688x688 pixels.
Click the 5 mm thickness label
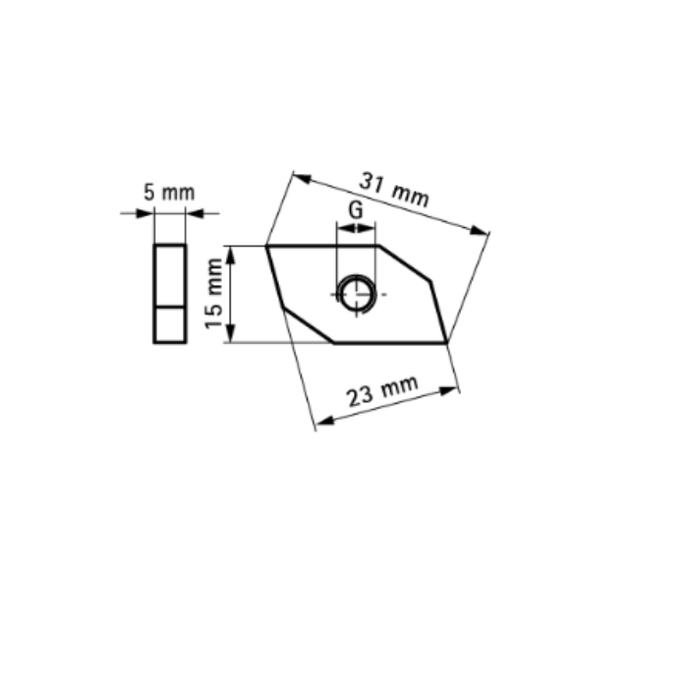click(169, 193)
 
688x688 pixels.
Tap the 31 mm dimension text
click(394, 189)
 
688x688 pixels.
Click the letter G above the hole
click(356, 210)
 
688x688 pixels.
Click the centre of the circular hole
click(356, 293)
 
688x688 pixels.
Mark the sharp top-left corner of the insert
click(267, 247)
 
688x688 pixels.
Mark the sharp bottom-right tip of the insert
click(447, 342)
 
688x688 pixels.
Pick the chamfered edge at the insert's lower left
click(308, 325)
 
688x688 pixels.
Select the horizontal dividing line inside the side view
click(169, 307)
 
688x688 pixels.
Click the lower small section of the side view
click(169, 324)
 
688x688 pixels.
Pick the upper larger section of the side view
click(169, 275)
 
